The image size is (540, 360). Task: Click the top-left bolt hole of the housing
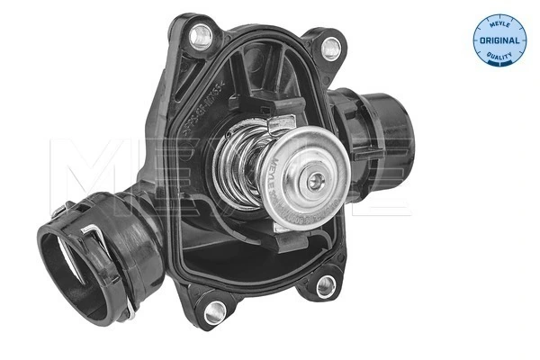click(x=201, y=35)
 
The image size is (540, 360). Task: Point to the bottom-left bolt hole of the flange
click(x=213, y=313)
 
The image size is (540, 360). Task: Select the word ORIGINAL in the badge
click(x=496, y=40)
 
